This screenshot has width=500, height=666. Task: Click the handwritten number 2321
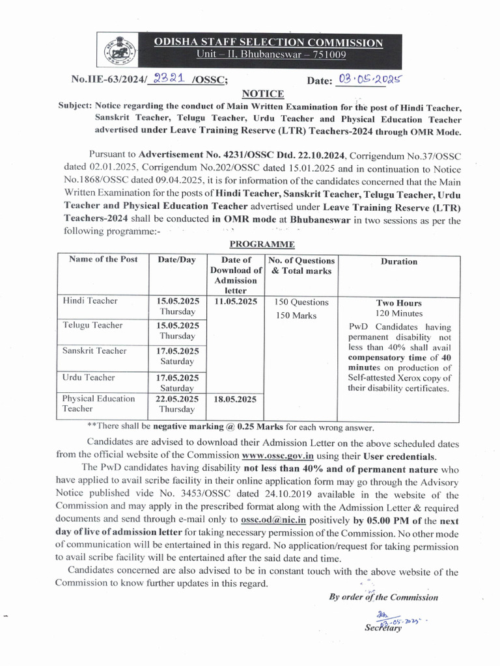point(166,79)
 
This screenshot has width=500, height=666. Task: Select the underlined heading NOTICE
point(259,93)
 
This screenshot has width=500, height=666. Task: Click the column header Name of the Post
point(103,259)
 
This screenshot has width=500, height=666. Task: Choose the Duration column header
point(399,261)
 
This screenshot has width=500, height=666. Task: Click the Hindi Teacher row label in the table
point(90,300)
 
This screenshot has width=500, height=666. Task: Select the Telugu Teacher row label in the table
point(92,325)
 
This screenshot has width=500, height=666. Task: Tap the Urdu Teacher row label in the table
point(89,377)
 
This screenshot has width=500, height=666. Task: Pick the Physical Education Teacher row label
point(98,403)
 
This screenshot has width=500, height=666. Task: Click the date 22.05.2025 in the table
point(178,399)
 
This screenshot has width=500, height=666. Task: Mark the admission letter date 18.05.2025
point(235,399)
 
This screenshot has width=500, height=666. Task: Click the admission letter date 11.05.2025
point(235,302)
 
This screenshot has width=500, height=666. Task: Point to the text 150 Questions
point(301,302)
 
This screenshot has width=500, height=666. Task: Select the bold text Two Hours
point(398,303)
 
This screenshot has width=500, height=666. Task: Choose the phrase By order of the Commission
point(383,597)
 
